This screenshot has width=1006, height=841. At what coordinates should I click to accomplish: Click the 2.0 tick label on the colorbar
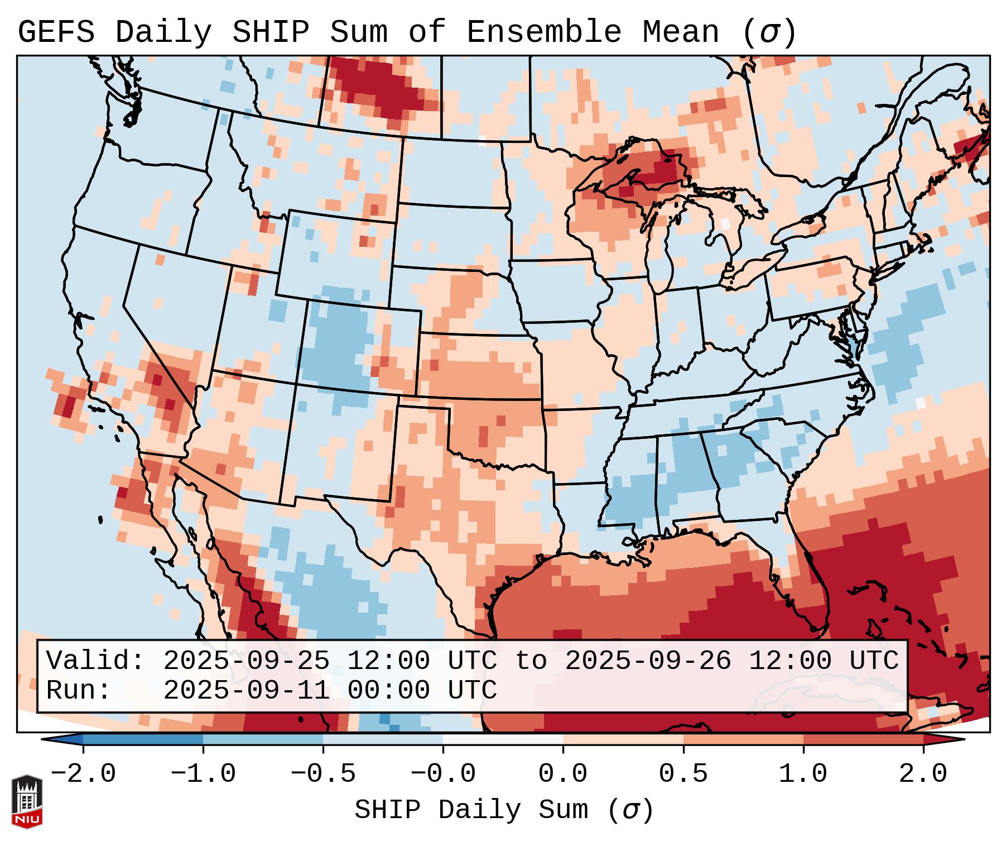tap(923, 774)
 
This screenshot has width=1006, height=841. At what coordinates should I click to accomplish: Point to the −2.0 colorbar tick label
tap(83, 774)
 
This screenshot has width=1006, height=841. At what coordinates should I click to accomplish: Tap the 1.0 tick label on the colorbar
tap(803, 774)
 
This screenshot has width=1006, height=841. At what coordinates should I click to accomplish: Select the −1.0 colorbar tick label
tap(203, 774)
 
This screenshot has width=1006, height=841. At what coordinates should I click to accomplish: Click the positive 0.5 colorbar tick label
tap(683, 774)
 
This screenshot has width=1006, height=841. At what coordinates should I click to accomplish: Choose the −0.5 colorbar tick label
tap(323, 774)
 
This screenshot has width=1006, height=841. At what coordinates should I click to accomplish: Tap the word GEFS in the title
tap(56, 32)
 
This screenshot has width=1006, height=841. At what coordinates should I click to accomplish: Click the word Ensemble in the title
tap(543, 32)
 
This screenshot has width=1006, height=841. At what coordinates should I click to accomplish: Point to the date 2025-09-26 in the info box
tap(648, 661)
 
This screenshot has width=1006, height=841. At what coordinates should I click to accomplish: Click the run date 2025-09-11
tap(246, 690)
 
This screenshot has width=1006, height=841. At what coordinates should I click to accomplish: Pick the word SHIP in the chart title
tap(270, 32)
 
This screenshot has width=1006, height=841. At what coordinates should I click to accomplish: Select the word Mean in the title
tap(681, 32)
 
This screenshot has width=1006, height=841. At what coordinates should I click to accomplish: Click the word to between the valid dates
tap(531, 661)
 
